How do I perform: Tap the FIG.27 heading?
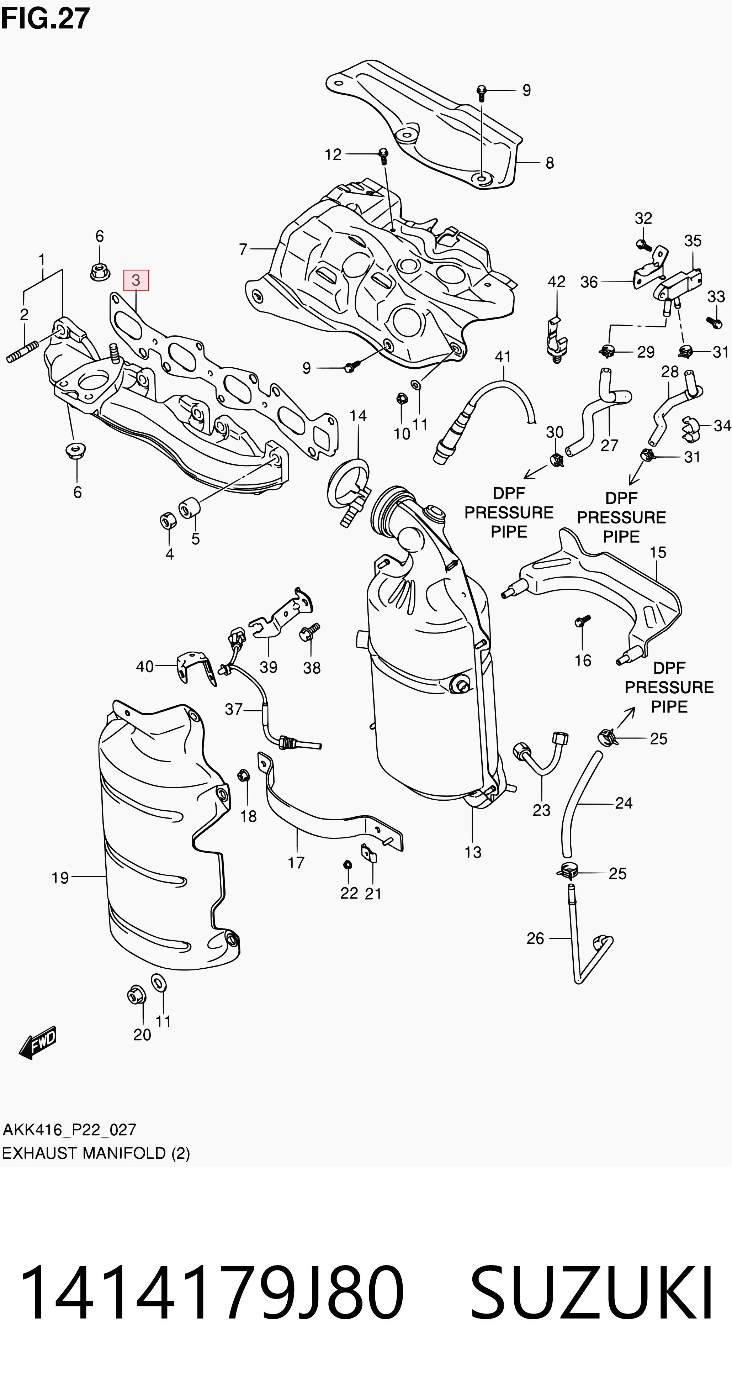click(46, 19)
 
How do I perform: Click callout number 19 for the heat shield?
click(60, 877)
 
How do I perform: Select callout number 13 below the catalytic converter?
click(472, 852)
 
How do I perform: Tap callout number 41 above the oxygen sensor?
click(503, 357)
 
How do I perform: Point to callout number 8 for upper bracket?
click(550, 163)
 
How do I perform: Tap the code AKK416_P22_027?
click(69, 1129)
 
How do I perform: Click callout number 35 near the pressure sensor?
click(693, 240)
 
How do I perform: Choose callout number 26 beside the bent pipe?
click(535, 938)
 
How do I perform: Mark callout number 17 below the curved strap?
click(296, 863)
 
